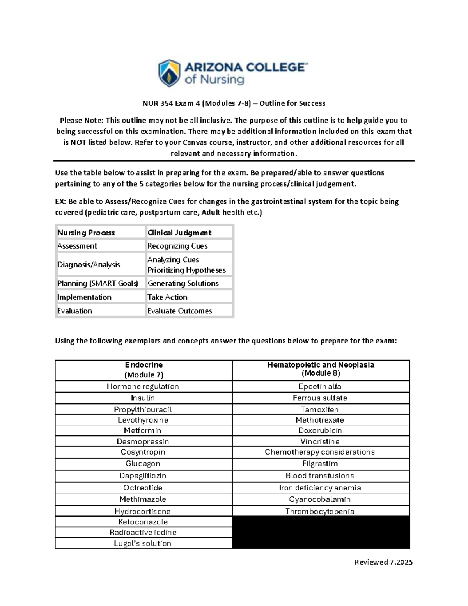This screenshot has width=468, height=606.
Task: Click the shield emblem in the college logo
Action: coord(169,73)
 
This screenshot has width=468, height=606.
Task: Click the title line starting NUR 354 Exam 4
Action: coord(234,103)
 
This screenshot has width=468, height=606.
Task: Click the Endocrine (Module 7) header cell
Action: coord(144,370)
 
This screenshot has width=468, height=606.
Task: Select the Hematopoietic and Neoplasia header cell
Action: coord(321,369)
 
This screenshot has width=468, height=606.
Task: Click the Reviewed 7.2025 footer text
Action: coord(383,562)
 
